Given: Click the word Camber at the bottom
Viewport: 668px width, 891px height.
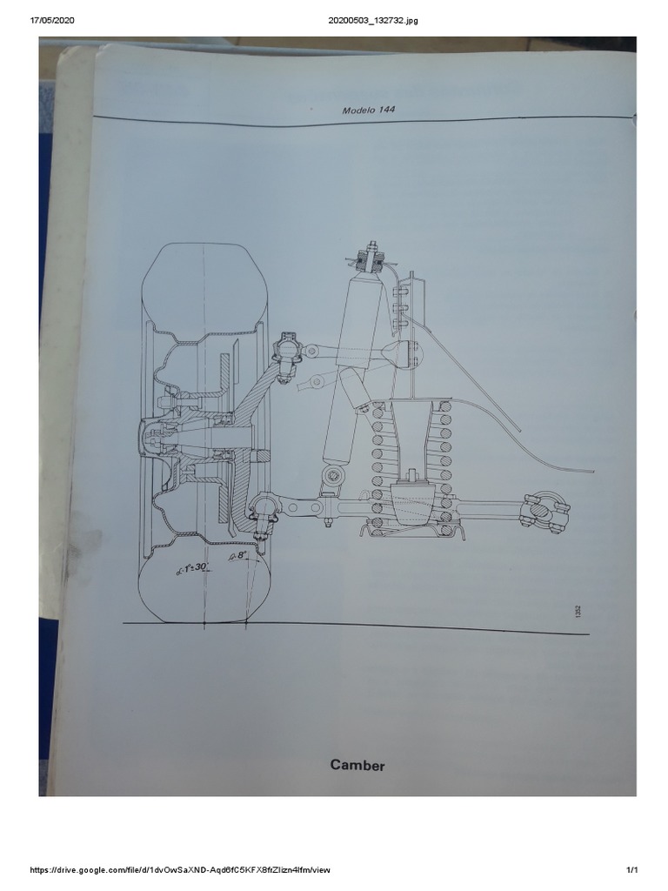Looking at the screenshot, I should (x=357, y=765).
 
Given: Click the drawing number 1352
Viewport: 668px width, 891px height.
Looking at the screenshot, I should (x=577, y=612).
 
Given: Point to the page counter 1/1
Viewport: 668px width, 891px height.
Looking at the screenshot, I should (x=632, y=870).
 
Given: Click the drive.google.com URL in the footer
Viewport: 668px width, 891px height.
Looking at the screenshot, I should (x=181, y=870).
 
